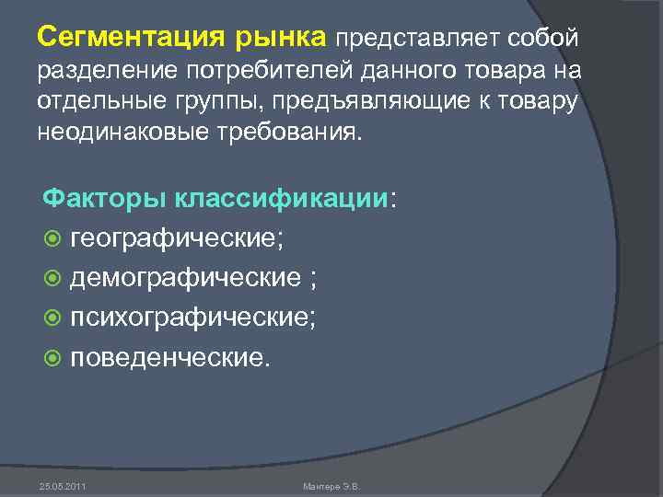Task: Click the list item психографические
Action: click(192, 317)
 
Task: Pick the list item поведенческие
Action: click(171, 355)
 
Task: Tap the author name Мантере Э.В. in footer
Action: click(332, 484)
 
